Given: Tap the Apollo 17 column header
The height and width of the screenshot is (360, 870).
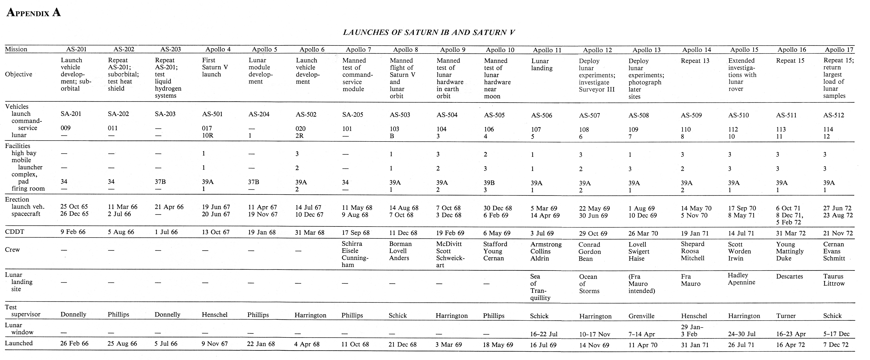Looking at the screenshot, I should coord(839,50).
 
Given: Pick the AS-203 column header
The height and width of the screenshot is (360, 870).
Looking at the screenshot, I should coord(171,49).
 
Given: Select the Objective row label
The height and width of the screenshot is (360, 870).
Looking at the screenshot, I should coord(19,74).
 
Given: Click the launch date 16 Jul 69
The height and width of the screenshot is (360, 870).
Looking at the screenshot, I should coord(543,345).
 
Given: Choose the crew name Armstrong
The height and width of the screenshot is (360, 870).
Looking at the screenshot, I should coord(546,244).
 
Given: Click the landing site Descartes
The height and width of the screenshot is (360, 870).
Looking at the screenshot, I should coord(789,276).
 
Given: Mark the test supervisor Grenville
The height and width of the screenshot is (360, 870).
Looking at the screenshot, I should coord(641,316).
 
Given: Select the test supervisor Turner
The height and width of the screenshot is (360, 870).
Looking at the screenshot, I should coord(786,316).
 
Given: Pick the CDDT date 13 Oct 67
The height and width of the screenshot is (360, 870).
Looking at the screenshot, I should coord(215,232).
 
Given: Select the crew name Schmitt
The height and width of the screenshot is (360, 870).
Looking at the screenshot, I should coord(834,258).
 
